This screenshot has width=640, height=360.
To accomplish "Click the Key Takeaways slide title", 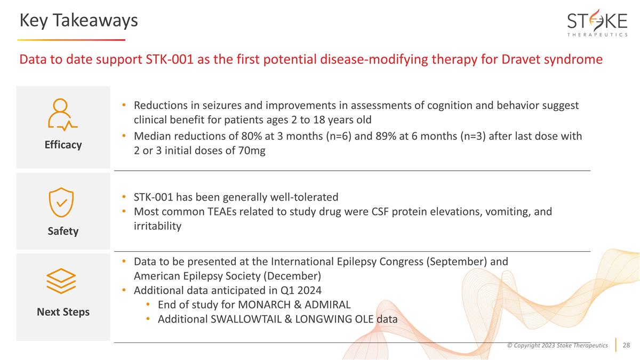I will pyautogui.click(x=78, y=20).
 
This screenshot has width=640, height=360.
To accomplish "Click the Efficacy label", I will pyautogui.click(x=63, y=145).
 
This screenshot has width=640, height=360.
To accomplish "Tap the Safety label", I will pyautogui.click(x=63, y=231).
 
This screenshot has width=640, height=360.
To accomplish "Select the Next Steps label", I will pyautogui.click(x=63, y=311).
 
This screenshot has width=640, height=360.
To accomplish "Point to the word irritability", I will pyautogui.click(x=157, y=226).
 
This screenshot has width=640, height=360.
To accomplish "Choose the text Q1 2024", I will pyautogui.click(x=302, y=291).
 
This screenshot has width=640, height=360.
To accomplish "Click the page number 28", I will pyautogui.click(x=626, y=346).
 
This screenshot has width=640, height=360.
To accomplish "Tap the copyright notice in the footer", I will pyautogui.click(x=557, y=346).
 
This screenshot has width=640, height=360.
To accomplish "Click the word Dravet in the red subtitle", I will pyautogui.click(x=519, y=59).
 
